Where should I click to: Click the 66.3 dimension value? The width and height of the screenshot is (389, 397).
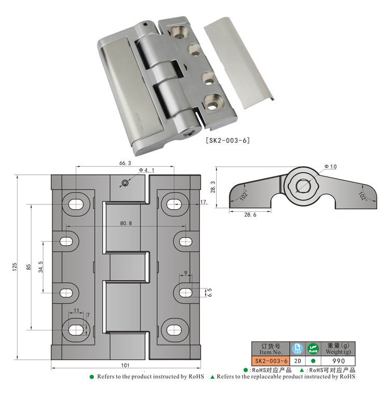[125, 162]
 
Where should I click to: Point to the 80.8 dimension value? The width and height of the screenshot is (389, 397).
[126, 223]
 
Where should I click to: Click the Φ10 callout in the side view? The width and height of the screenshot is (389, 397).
[330, 167]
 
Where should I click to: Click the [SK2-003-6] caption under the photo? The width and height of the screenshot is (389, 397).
[228, 141]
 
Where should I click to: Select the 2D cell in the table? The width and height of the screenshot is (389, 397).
[297, 361]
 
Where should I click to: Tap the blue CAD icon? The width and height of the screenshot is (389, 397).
[297, 348]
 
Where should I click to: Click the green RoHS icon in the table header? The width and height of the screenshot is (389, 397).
[313, 348]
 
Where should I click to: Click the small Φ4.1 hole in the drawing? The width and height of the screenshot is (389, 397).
[124, 183]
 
